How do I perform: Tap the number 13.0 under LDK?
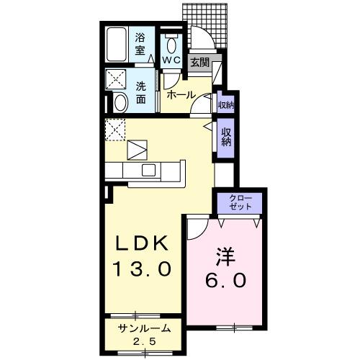click(142, 269)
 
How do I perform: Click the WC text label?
click(171, 60)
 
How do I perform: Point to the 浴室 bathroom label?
click(141, 45)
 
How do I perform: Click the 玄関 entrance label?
click(199, 63)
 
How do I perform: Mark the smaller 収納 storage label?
click(225, 105)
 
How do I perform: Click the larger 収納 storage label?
click(225, 137)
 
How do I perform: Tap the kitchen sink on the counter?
click(148, 171)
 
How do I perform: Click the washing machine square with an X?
click(117, 78)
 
